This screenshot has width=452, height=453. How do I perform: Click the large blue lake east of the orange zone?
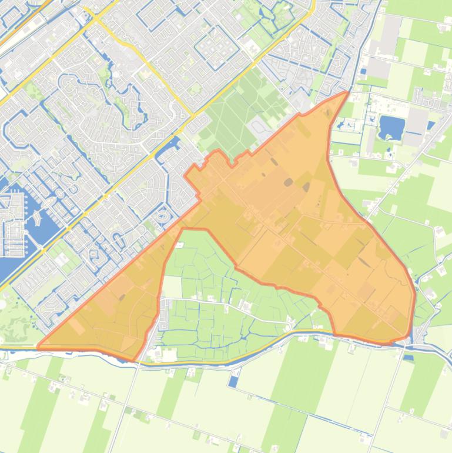(389, 126)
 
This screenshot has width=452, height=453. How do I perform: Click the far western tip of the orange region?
(39, 347)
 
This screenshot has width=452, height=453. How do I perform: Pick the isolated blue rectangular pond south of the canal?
(234, 381)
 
